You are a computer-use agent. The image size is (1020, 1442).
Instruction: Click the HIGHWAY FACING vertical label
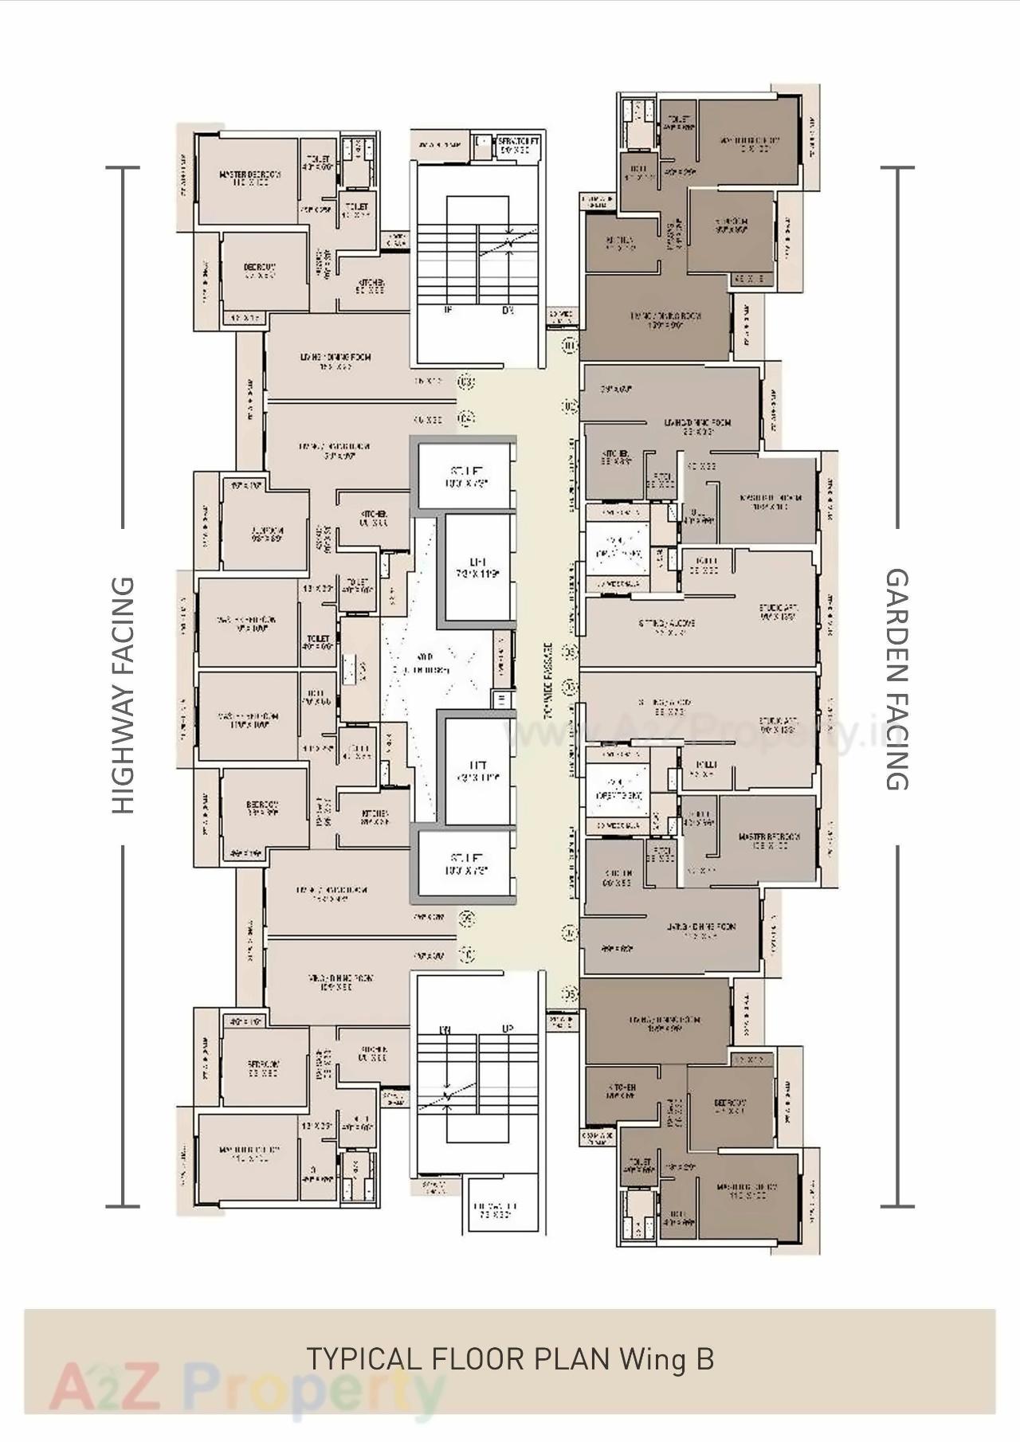point(123,695)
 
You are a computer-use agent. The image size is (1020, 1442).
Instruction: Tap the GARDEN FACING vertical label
point(897,679)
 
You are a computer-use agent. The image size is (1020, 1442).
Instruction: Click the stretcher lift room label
point(517,145)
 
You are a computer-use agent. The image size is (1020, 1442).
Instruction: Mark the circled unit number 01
point(568,346)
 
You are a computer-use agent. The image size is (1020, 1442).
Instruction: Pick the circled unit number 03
point(467,382)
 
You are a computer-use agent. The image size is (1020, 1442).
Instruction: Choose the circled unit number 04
point(467,417)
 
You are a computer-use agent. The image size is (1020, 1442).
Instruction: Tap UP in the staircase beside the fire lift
point(508,1029)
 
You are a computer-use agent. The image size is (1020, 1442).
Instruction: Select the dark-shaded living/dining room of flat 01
point(655,319)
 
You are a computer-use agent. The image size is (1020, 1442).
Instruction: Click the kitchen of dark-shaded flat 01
point(620,242)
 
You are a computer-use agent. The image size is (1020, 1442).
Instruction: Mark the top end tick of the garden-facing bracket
point(897,168)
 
